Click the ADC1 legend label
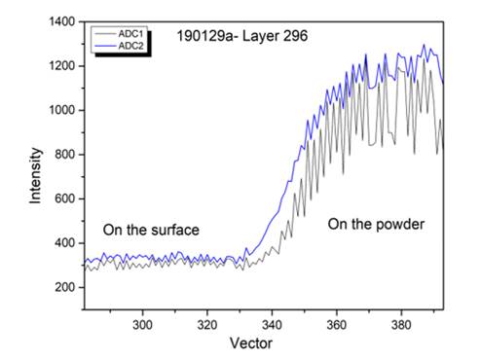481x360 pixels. pyautogui.click(x=130, y=34)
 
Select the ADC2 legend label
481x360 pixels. pyautogui.click(x=130, y=46)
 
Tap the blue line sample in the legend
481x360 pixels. pyautogui.click(x=105, y=47)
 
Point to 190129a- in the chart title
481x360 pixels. pyautogui.click(x=207, y=36)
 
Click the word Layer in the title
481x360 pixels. pyautogui.click(x=261, y=37)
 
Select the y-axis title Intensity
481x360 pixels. pyautogui.click(x=36, y=176)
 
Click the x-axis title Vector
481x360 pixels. pyautogui.click(x=251, y=343)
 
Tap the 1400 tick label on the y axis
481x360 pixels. pyautogui.click(x=62, y=21)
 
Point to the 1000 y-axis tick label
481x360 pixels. pyautogui.click(x=62, y=110)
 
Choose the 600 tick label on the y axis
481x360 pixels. pyautogui.click(x=65, y=198)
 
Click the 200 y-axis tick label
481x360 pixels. pyautogui.click(x=65, y=287)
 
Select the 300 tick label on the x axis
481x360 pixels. pyautogui.click(x=142, y=325)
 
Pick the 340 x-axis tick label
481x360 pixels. pyautogui.click(x=272, y=325)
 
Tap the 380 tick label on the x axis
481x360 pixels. pyautogui.click(x=401, y=325)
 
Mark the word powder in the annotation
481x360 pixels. pyautogui.click(x=400, y=225)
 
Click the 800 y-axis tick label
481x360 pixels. pyautogui.click(x=65, y=155)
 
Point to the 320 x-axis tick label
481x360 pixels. pyautogui.click(x=207, y=325)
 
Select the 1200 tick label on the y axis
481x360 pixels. pyautogui.click(x=62, y=66)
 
